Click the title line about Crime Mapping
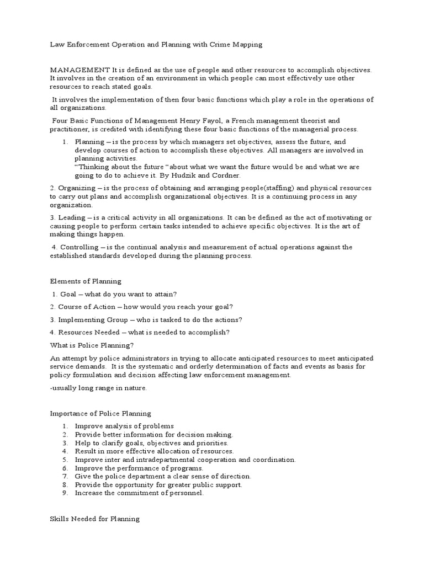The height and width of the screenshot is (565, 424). pos(156,45)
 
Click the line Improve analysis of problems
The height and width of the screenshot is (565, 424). pos(124,426)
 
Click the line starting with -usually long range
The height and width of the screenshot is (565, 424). pos(99,388)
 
